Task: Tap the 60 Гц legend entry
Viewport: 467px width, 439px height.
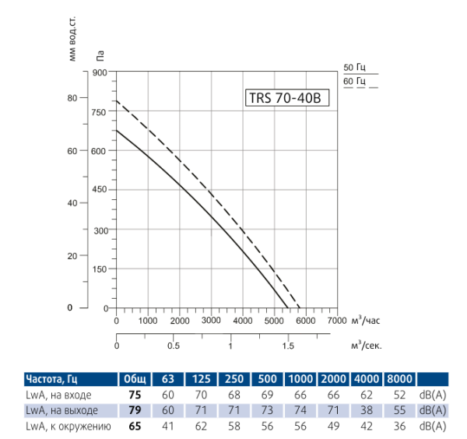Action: pyautogui.click(x=354, y=82)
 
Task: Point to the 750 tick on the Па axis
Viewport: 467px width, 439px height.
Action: pyautogui.click(x=99, y=112)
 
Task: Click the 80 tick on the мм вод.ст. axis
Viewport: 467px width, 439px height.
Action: pyautogui.click(x=72, y=98)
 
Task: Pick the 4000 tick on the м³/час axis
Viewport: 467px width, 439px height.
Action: pyautogui.click(x=242, y=321)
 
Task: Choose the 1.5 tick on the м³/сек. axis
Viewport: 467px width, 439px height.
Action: pyautogui.click(x=287, y=346)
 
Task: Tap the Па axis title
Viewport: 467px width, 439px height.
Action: pyautogui.click(x=100, y=54)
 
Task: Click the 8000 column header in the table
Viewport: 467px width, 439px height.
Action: pyautogui.click(x=401, y=378)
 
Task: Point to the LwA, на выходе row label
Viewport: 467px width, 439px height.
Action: pyautogui.click(x=61, y=410)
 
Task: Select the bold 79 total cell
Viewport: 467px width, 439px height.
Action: pyautogui.click(x=134, y=410)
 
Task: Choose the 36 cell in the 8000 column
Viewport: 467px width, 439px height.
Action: pyautogui.click(x=400, y=426)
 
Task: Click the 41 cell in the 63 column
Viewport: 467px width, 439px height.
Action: pyautogui.click(x=167, y=426)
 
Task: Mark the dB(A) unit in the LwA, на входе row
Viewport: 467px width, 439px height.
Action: pyautogui.click(x=432, y=395)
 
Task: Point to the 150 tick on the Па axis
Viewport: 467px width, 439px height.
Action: pyautogui.click(x=99, y=269)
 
